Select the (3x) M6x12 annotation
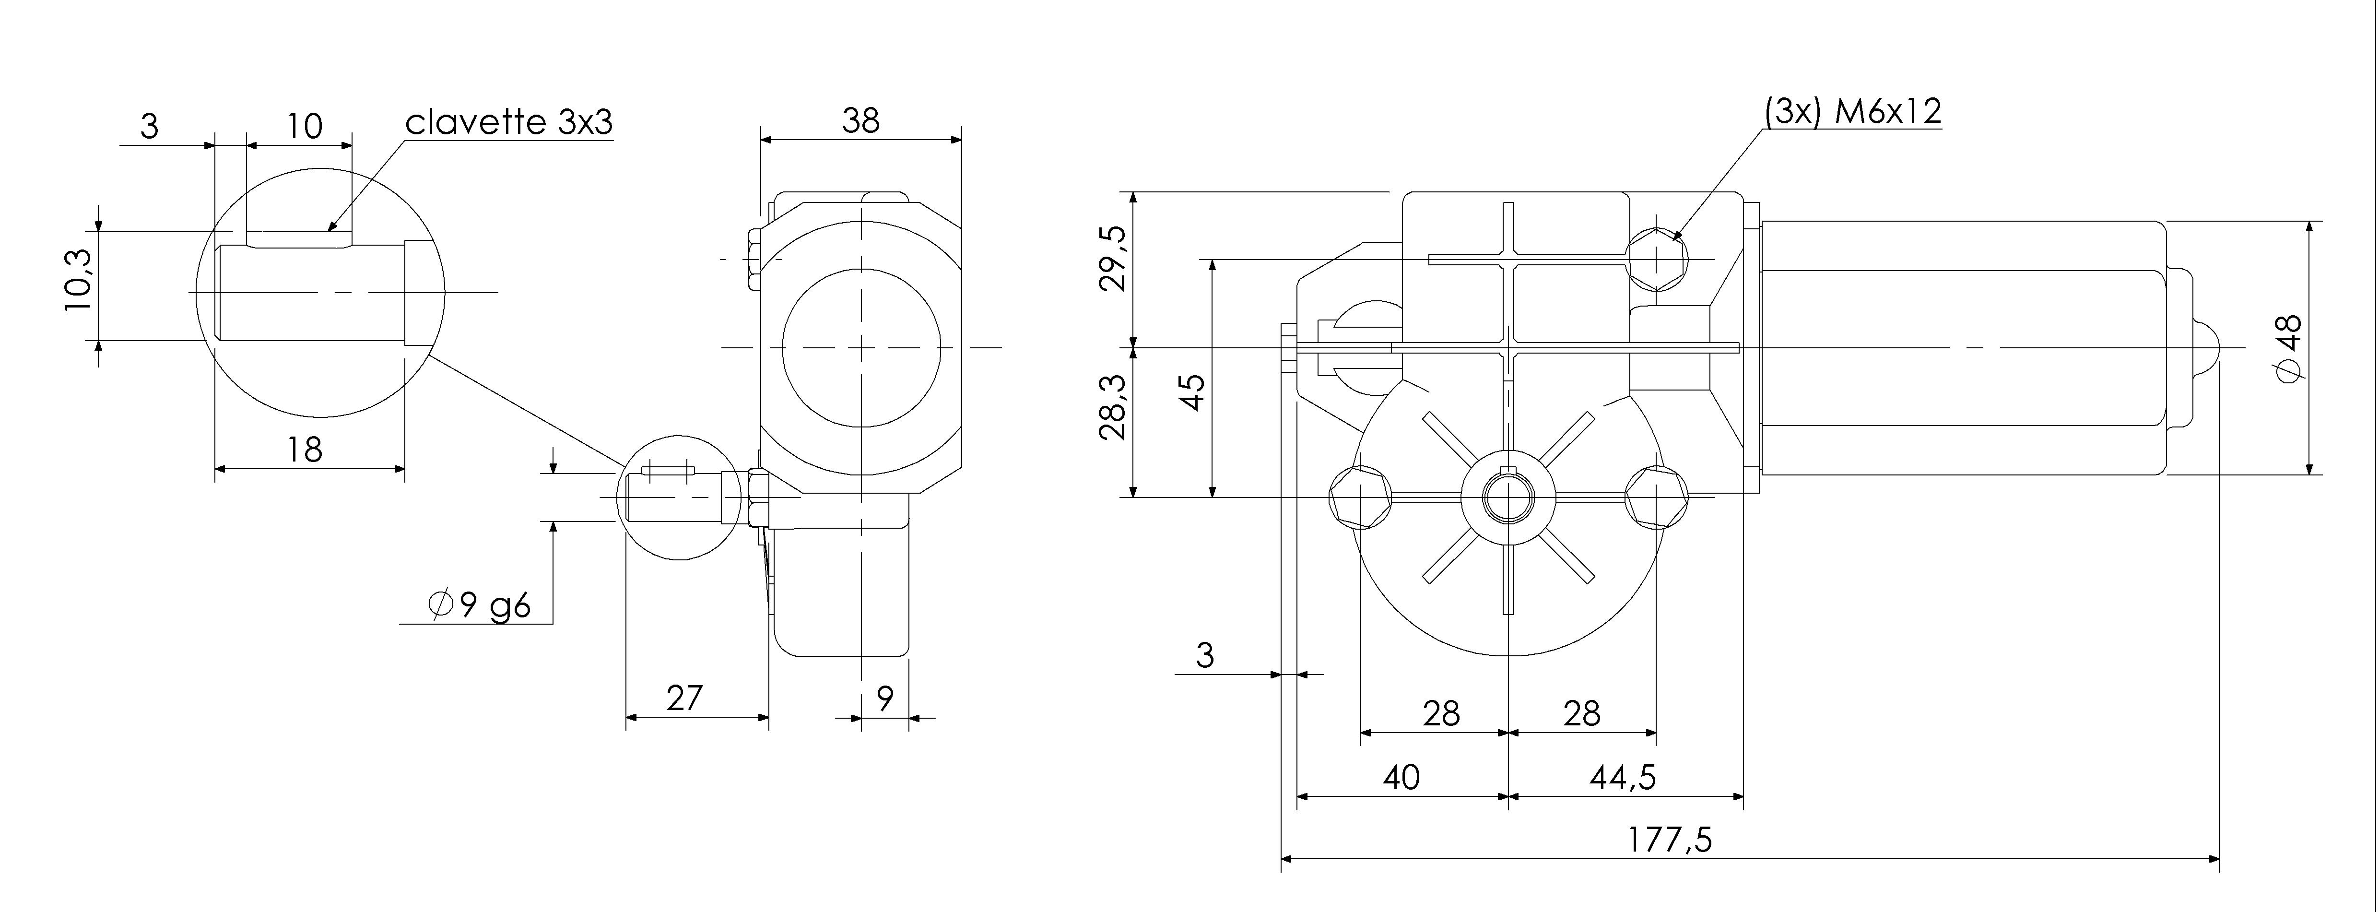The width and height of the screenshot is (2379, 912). click(1852, 112)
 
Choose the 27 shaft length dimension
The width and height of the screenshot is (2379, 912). click(684, 698)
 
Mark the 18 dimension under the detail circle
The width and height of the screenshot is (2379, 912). click(305, 450)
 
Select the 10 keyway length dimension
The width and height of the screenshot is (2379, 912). click(304, 126)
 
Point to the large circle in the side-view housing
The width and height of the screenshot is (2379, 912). click(861, 347)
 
